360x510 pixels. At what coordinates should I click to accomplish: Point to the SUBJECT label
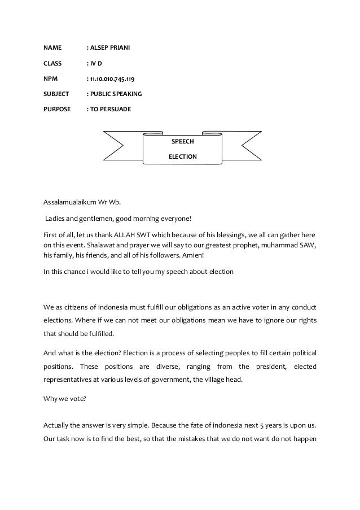(x=56, y=93)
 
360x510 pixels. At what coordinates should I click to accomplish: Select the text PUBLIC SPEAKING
(x=116, y=93)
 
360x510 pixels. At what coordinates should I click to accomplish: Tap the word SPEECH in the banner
(x=182, y=141)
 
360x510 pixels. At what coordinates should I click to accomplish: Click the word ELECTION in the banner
(x=182, y=156)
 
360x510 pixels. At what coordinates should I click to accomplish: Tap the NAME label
(x=52, y=47)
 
